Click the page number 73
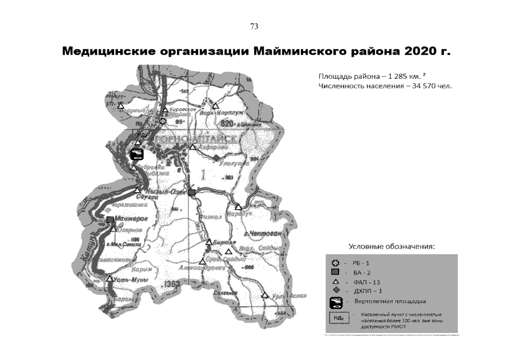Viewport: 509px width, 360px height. pyautogui.click(x=254, y=26)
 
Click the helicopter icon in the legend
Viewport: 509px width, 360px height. pyautogui.click(x=336, y=303)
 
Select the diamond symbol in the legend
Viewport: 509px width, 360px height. pyautogui.click(x=336, y=291)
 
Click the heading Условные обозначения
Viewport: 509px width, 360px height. pyautogui.click(x=392, y=246)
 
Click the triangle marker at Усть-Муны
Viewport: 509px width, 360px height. pyautogui.click(x=109, y=278)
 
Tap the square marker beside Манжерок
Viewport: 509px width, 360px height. pyautogui.click(x=110, y=219)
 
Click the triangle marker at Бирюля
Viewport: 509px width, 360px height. pyautogui.click(x=209, y=242)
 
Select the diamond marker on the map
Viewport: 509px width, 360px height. pyautogui.click(x=216, y=157)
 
